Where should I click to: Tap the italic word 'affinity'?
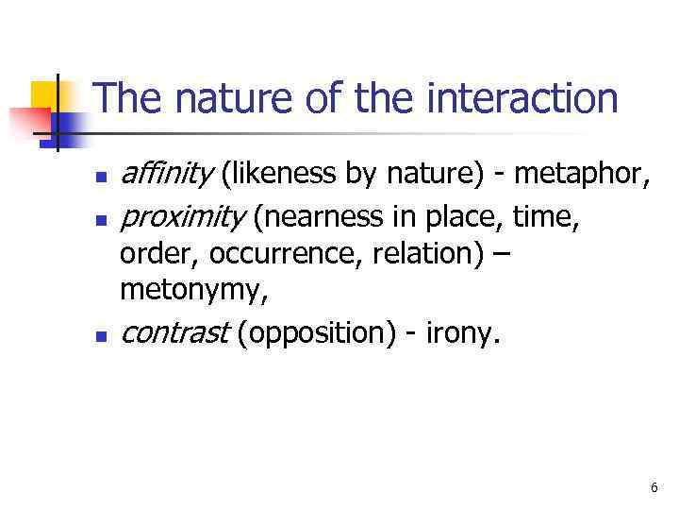point(167,175)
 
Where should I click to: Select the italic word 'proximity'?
point(181,218)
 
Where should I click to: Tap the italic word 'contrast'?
point(175,334)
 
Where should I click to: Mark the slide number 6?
point(654,487)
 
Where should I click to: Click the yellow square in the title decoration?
point(45,95)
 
